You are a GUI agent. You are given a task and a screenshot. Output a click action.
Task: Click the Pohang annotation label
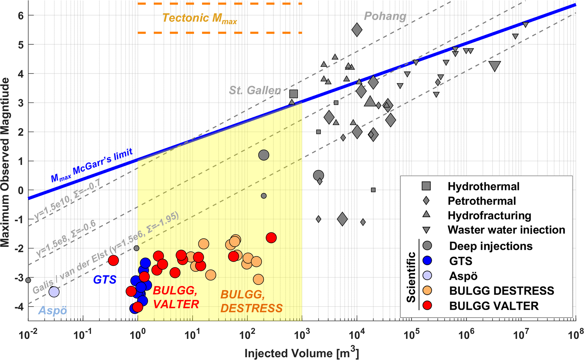385,16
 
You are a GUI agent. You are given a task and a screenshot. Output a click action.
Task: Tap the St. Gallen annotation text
255,90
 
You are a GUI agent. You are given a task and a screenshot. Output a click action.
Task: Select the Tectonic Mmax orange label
199,18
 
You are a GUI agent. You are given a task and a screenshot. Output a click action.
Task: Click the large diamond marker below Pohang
357,30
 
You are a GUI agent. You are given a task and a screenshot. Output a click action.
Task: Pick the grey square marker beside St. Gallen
294,94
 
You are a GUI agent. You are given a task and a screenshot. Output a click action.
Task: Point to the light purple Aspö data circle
54,292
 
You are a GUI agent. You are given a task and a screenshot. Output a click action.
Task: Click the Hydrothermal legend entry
483,186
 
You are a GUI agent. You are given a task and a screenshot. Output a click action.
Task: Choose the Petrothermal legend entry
481,201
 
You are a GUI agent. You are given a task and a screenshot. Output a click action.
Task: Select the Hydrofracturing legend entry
489,216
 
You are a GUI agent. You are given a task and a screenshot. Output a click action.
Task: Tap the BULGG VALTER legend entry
494,306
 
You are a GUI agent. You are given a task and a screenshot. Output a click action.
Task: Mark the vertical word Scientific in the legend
411,277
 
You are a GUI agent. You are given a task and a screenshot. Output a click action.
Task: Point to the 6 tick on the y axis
21,15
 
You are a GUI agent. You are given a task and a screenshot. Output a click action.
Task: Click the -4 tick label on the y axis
19,307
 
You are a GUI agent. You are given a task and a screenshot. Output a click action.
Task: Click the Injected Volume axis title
301,353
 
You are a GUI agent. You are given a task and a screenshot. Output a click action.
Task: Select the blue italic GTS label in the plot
105,280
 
